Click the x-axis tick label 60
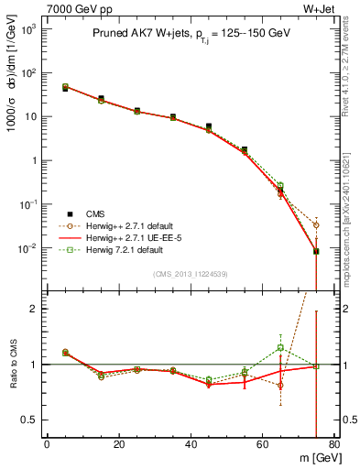coord(263,446)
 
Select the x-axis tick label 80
coord(334,446)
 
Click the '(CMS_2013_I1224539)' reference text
coord(191,273)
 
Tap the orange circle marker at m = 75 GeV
coord(316,224)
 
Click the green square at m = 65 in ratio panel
coord(280,347)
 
